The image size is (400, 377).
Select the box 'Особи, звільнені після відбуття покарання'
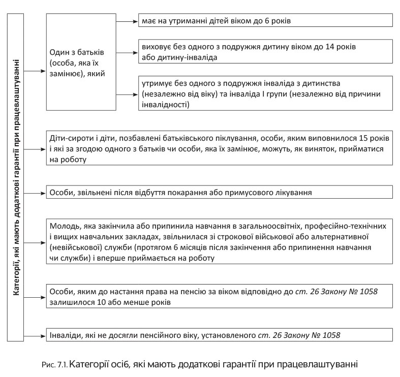tap(219, 193)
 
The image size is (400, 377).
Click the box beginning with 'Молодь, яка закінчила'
tap(219, 241)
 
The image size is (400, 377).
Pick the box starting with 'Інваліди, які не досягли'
tap(219, 335)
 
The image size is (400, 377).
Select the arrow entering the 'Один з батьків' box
tap(36, 71)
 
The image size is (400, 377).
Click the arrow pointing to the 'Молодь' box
tap(36, 241)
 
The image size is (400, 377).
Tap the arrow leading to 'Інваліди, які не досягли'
tap(36, 335)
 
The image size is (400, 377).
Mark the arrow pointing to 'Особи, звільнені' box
tap(36, 193)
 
